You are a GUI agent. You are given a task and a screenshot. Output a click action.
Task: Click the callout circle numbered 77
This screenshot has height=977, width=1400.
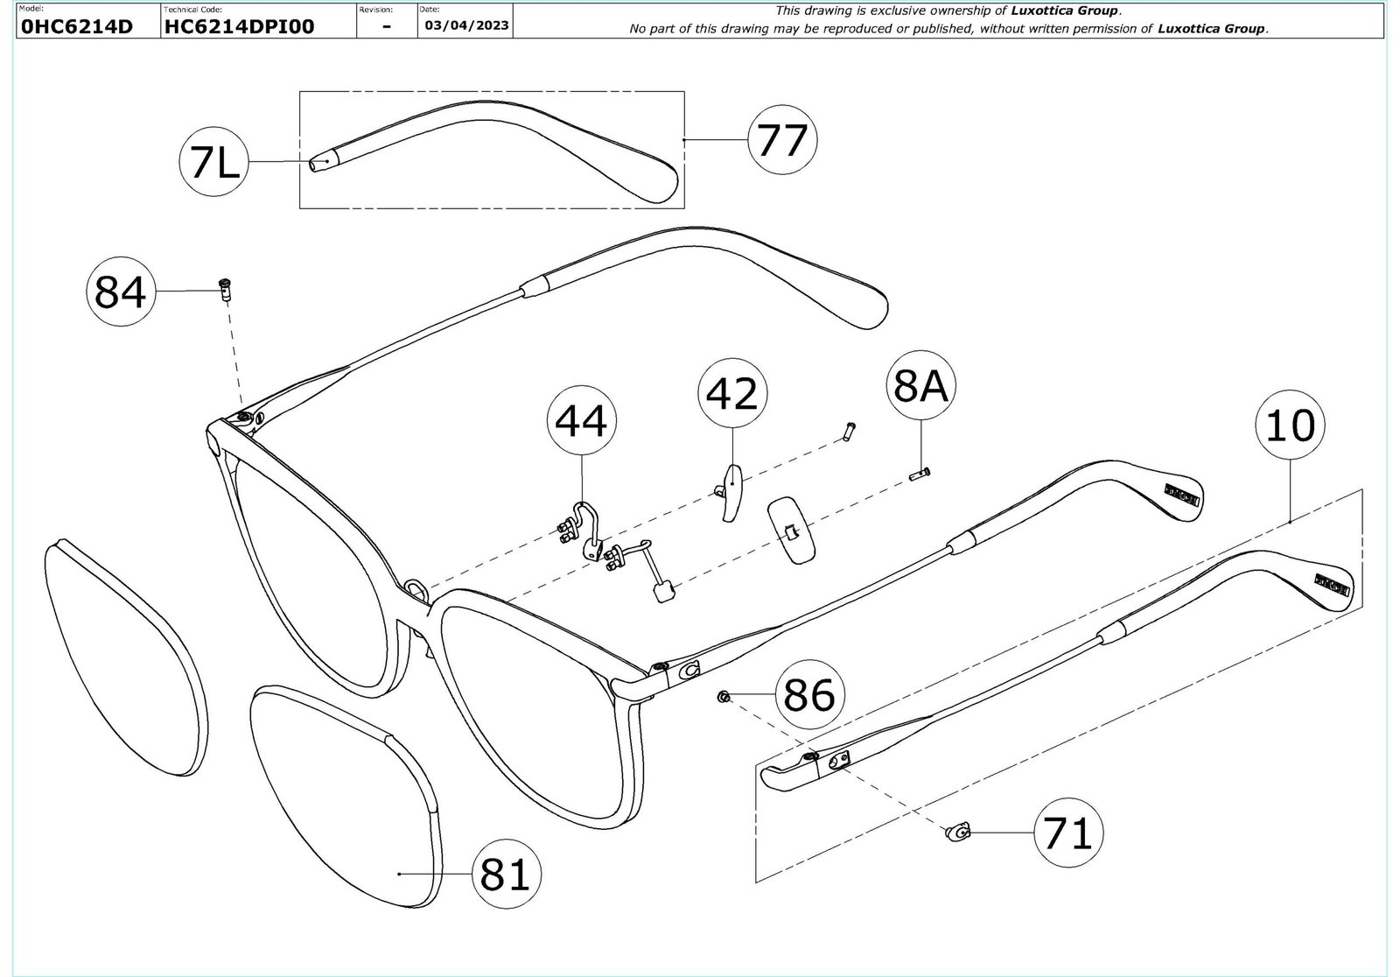[781, 139]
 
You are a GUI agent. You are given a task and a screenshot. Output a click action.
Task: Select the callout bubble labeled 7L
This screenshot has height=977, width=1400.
[214, 163]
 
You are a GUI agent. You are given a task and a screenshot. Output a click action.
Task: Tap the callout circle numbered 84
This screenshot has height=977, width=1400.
[120, 292]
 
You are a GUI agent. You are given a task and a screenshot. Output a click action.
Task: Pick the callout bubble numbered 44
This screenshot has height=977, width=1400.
[581, 420]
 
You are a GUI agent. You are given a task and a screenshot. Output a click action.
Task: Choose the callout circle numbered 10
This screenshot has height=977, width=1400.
[1290, 426]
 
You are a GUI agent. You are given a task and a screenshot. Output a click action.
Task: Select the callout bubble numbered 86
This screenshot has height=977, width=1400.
[809, 695]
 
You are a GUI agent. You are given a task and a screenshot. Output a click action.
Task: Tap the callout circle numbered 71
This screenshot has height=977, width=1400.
[1067, 833]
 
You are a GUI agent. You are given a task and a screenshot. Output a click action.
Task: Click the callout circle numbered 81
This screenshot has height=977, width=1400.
[507, 874]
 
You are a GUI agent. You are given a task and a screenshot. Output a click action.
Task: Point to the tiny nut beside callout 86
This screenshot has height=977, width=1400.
[724, 696]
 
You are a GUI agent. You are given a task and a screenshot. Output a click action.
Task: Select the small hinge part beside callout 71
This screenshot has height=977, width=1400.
[958, 832]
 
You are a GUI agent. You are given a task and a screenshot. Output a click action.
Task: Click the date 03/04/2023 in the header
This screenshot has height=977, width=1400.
[466, 25]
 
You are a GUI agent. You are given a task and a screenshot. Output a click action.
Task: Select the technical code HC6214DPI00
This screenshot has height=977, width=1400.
[239, 26]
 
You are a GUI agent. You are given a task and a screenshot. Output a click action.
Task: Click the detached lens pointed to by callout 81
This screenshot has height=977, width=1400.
[350, 797]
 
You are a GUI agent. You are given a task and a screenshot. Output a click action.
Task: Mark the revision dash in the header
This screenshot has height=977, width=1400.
[387, 27]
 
